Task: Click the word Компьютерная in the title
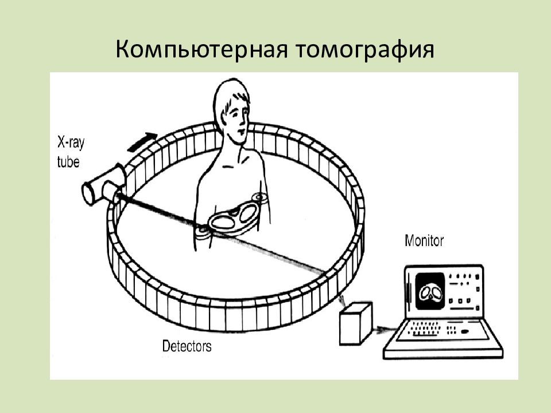(201, 49)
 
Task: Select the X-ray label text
(71, 143)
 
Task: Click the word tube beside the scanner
(68, 162)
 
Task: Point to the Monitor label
(424, 241)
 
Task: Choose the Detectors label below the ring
(187, 346)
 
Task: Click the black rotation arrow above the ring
(142, 142)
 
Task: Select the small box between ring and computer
(356, 323)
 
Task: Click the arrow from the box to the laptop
(386, 330)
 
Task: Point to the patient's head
(232, 109)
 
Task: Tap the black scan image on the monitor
(429, 291)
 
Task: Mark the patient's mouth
(242, 131)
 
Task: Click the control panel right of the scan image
(464, 291)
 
